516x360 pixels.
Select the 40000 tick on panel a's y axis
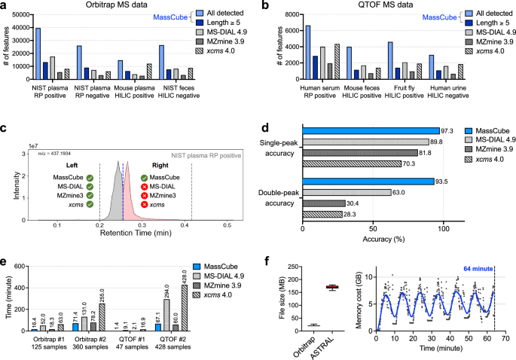pyautogui.click(x=21, y=28)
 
